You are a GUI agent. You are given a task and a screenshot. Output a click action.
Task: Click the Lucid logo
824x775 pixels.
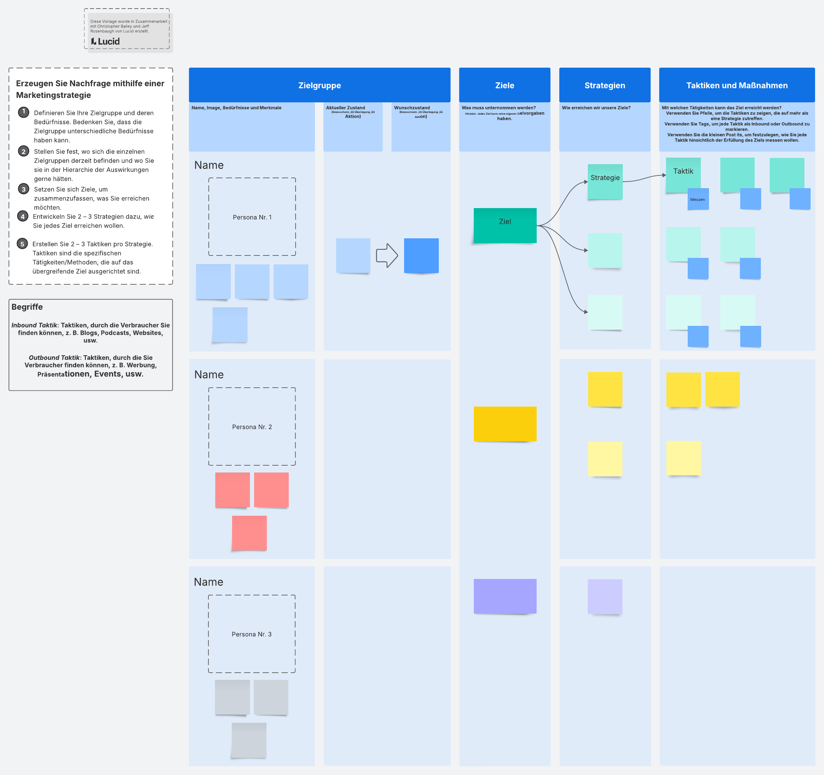[105, 42]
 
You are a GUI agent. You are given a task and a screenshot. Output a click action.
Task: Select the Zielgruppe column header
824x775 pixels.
[319, 86]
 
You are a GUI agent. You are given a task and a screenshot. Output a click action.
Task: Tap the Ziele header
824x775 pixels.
[504, 86]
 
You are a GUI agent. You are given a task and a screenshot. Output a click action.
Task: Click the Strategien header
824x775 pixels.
[604, 86]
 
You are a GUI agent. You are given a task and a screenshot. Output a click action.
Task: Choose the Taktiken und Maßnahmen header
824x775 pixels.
[736, 86]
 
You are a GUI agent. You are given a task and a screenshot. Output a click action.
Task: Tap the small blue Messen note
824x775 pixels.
[698, 200]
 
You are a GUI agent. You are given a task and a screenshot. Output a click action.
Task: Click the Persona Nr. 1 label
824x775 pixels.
[252, 217]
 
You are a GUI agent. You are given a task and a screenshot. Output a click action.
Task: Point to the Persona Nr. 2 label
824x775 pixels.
[252, 427]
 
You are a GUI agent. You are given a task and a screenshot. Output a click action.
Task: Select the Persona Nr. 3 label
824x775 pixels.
[252, 634]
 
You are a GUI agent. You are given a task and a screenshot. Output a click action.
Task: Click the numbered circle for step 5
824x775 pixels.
[22, 244]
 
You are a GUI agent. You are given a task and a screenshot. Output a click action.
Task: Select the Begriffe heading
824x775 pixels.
[27, 307]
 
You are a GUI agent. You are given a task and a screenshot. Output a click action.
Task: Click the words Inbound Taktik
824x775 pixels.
[34, 325]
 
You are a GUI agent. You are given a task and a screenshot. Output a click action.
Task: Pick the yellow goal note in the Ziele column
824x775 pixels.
[504, 424]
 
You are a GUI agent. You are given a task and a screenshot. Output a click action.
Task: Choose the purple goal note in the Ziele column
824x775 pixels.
[504, 596]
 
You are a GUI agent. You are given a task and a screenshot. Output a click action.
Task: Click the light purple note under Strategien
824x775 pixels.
[605, 596]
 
